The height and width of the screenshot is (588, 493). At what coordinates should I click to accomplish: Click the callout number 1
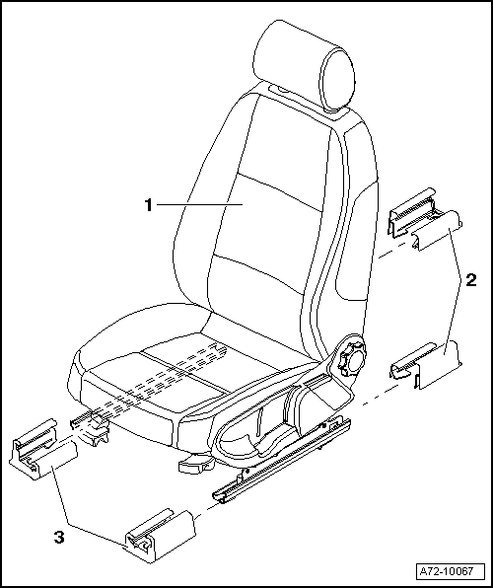pos(147,204)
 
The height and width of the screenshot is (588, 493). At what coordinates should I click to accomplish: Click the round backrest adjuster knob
pos(353,358)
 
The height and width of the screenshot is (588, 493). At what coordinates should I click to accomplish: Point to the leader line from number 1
pos(197,204)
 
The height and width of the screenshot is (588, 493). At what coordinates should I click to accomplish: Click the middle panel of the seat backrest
pos(266,222)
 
